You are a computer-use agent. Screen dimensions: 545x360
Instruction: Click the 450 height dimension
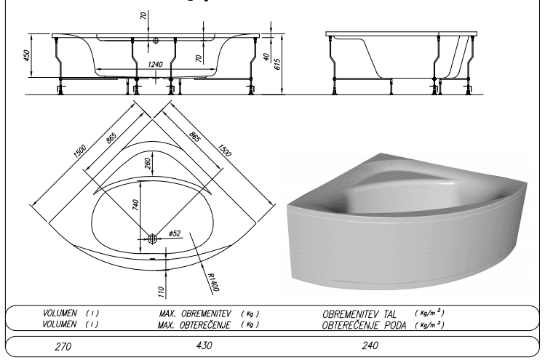[x=27, y=55]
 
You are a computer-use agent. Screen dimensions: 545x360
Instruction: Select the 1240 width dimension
[x=155, y=64]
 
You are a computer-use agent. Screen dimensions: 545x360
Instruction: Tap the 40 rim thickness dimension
[x=266, y=57]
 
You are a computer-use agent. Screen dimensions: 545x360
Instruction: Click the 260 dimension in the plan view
[x=147, y=164]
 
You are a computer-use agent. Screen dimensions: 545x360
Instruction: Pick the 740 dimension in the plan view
[x=136, y=205]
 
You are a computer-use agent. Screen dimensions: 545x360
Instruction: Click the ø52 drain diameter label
[x=175, y=233]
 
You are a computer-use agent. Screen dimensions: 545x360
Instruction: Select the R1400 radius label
[x=212, y=281]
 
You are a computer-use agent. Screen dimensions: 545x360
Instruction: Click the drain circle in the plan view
[x=152, y=239]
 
